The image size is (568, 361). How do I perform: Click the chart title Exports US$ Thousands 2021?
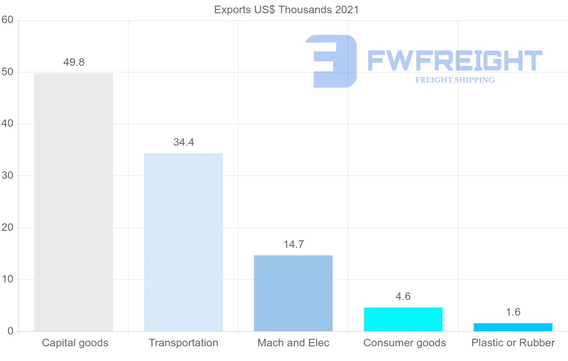[286, 9]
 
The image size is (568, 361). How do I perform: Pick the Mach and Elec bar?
[293, 293]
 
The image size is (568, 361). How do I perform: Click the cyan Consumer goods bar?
[403, 319]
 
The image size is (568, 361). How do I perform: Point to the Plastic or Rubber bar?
[513, 327]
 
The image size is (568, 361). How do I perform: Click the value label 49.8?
[73, 62]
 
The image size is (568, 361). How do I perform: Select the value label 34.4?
[183, 142]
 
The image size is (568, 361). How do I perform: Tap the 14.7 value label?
[293, 245]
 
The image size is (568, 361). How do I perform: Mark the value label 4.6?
[403, 297]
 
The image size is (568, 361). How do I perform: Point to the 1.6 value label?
[513, 312]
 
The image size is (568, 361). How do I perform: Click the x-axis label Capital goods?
[75, 343]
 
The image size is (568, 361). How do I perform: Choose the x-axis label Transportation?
[183, 343]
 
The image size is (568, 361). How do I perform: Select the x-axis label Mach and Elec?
[293, 343]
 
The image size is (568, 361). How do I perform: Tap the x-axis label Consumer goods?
[404, 343]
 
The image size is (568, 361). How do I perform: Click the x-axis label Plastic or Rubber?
[513, 343]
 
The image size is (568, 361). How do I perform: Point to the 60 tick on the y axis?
[7, 20]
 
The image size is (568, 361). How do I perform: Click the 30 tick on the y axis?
[7, 176]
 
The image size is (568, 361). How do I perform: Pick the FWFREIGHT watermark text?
[454, 61]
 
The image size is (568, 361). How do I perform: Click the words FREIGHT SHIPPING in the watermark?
[454, 80]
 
